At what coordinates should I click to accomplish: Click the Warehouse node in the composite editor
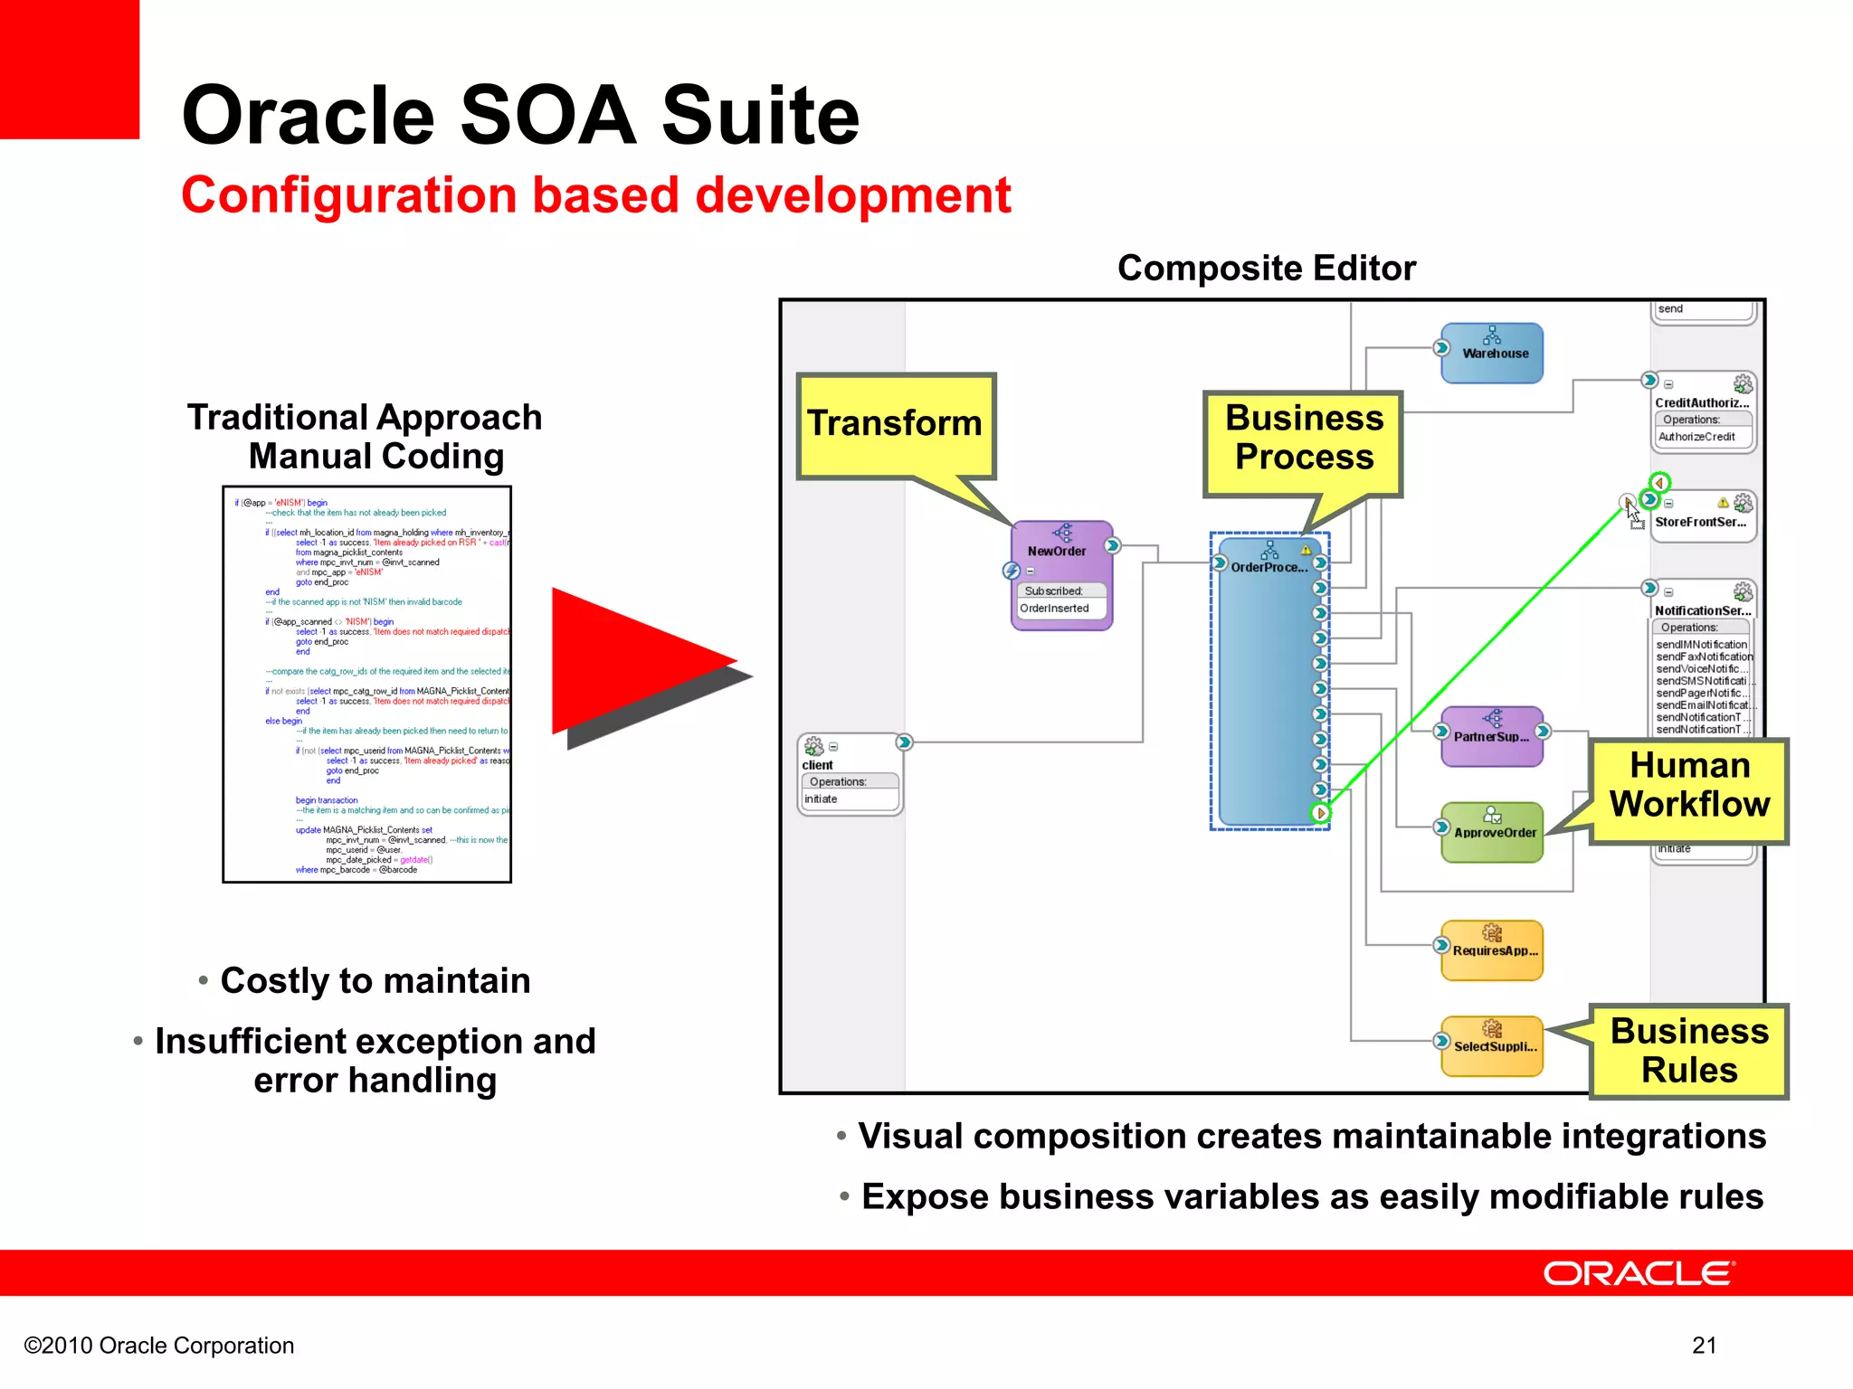click(x=1492, y=353)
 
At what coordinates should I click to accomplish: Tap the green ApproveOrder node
click(x=1493, y=832)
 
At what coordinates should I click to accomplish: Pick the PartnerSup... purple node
click(x=1491, y=736)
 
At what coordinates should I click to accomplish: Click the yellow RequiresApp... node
click(x=1493, y=950)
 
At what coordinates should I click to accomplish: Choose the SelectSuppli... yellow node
click(x=1493, y=1045)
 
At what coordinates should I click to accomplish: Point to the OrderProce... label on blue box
click(x=1269, y=567)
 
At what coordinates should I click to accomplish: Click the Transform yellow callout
click(x=895, y=423)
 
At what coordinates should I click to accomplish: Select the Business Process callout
click(x=1303, y=438)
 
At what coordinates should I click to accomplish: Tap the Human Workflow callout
click(x=1688, y=785)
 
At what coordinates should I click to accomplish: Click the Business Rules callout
click(x=1688, y=1051)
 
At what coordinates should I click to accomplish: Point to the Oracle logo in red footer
click(x=1639, y=1273)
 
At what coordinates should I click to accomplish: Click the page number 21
click(x=1704, y=1346)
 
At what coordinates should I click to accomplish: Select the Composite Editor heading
click(x=1266, y=269)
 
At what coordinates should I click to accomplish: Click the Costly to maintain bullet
click(x=375, y=981)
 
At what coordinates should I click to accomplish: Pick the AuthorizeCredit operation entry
click(x=1696, y=437)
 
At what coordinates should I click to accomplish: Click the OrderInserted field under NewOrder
click(x=1055, y=609)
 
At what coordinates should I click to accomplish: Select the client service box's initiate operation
click(x=822, y=799)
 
